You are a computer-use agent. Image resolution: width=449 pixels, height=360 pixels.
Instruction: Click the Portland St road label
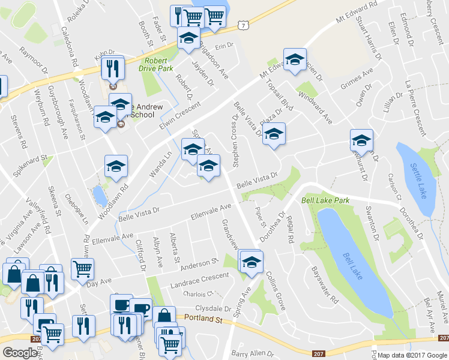click(203, 318)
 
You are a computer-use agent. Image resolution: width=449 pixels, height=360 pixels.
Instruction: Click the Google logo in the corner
click(20, 353)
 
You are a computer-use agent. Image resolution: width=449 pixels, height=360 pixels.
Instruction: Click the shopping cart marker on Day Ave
click(82, 268)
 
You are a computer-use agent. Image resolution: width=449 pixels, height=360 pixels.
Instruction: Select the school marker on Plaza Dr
click(274, 134)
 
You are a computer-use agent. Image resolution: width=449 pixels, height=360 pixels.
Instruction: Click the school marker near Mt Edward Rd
click(295, 60)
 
